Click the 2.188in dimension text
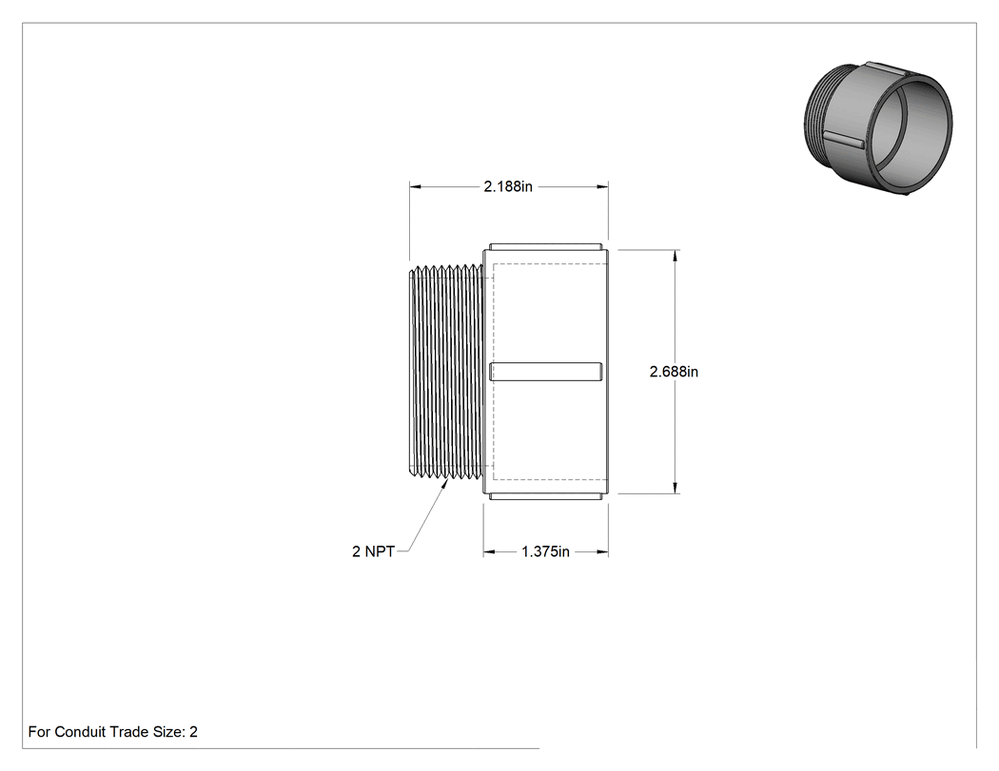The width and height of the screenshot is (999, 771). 508,186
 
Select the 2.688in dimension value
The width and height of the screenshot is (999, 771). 674,371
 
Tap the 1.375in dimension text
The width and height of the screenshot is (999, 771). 545,551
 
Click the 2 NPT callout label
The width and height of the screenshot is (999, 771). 373,551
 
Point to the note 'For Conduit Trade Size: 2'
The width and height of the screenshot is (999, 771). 113,731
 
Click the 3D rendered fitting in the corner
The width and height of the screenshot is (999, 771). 878,128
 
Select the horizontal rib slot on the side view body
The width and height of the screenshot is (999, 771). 545,372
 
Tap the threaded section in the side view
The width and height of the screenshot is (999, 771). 446,371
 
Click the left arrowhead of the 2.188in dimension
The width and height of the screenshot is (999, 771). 416,186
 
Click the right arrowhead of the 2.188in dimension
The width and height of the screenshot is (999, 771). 602,186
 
